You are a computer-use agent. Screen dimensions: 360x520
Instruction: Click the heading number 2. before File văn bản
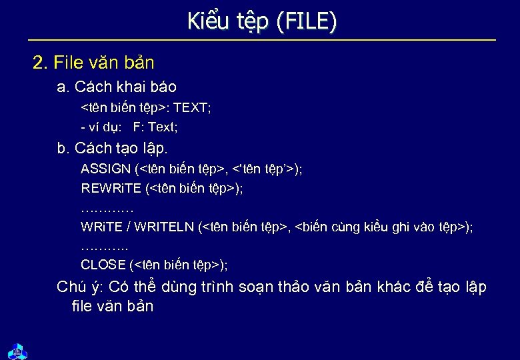pos(41,63)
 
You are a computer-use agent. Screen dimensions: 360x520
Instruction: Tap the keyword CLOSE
pos(104,265)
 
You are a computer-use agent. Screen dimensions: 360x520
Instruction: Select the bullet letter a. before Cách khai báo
pos(63,87)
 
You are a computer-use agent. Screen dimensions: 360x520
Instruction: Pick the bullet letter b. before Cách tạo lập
pos(64,148)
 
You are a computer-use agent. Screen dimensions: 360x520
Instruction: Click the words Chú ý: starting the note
pos(80,287)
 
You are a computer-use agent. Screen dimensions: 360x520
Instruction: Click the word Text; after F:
pos(163,126)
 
